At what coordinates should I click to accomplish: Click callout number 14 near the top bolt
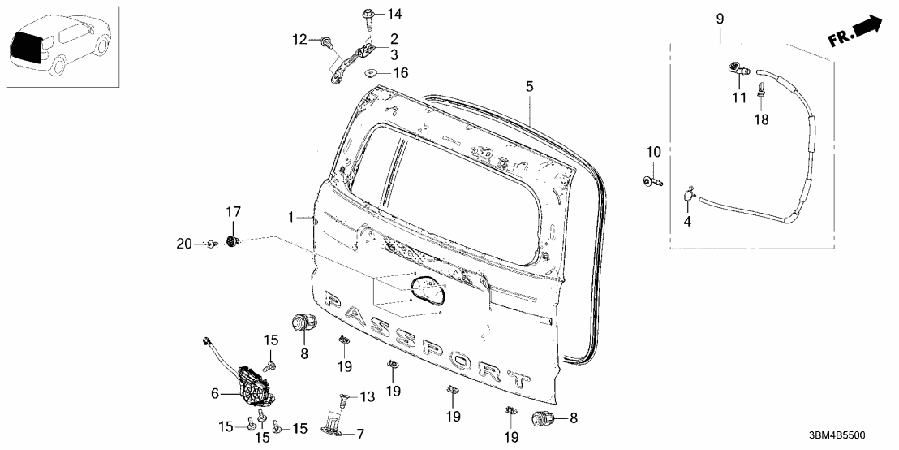(x=394, y=14)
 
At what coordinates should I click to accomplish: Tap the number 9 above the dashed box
(x=719, y=18)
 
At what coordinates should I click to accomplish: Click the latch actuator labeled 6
(x=253, y=384)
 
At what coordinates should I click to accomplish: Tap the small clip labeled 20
(x=210, y=242)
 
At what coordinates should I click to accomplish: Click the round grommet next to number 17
(x=234, y=241)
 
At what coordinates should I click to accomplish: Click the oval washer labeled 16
(x=373, y=72)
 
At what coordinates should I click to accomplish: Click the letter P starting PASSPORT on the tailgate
(x=334, y=301)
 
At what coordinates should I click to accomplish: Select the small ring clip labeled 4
(x=688, y=193)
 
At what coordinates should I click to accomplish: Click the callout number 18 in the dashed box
(x=762, y=119)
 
